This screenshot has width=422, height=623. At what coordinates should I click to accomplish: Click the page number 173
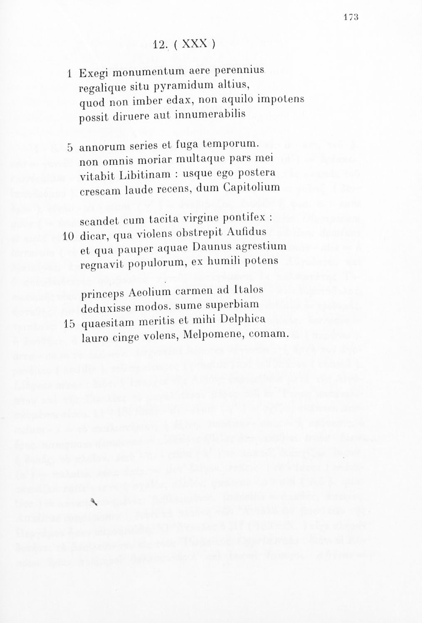point(351,17)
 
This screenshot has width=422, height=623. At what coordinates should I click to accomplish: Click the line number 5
point(70,147)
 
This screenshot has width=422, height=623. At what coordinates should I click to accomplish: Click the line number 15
point(69,324)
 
